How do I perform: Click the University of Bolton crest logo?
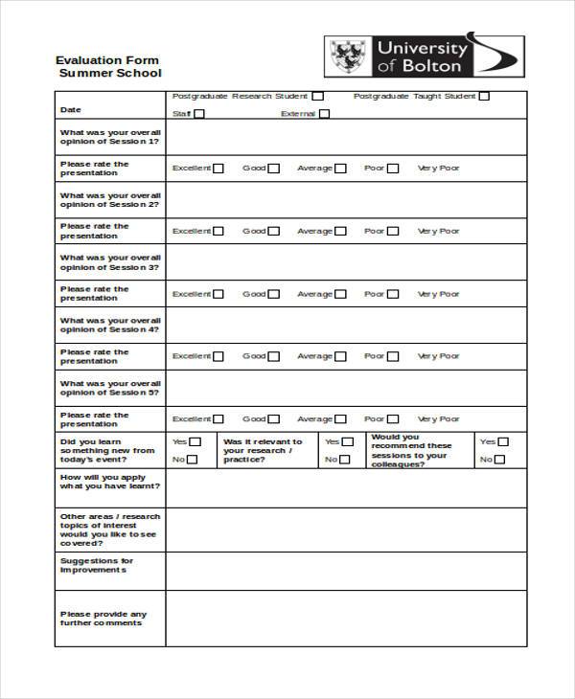347,56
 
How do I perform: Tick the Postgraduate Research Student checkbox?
318,96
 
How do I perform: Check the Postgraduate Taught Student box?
484,96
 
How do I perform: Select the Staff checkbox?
199,114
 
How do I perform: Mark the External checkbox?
324,114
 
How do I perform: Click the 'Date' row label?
71,109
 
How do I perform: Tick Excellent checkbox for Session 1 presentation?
218,169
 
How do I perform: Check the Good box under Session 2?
274,231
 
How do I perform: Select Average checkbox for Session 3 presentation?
340,294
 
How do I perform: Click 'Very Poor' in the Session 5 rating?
439,418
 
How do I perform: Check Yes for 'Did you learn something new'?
195,442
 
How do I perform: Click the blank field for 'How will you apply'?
345,487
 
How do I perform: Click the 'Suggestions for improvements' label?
96,565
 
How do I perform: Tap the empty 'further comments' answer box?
345,619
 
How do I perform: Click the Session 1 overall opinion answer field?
345,137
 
